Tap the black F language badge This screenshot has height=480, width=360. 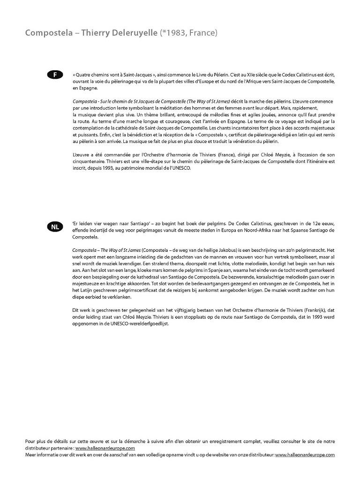[55, 75]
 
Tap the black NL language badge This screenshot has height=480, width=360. [55, 227]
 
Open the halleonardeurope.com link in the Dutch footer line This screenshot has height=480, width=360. [305, 455]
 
